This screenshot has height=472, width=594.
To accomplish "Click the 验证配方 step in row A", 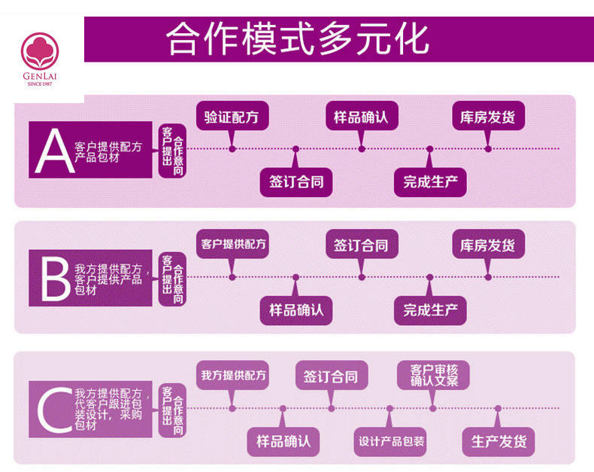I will point(232,117).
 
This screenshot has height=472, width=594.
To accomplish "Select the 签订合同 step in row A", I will point(296,181).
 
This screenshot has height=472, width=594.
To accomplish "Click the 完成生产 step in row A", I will point(430,181).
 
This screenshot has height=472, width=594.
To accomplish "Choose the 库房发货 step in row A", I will point(488,117).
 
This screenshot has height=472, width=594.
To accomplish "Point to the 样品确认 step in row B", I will point(296,309).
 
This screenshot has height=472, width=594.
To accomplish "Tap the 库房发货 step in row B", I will point(488,245).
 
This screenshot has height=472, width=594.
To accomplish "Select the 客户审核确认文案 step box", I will point(433,375).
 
